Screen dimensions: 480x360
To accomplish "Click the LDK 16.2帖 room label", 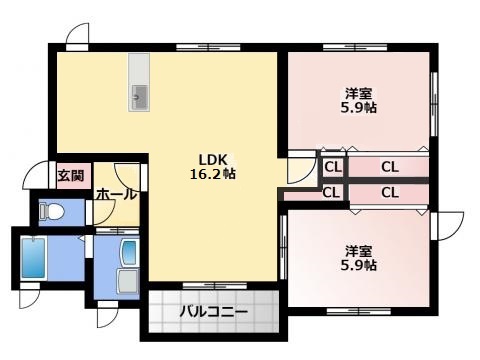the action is coord(213,167).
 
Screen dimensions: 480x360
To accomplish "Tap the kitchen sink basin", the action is coord(139,97).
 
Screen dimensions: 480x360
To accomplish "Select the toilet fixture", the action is coord(51,211).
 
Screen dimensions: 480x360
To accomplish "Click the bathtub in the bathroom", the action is coord(33,258).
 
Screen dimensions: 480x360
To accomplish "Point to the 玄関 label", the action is coord(71,175).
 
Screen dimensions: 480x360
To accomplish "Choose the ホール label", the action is coord(116,194).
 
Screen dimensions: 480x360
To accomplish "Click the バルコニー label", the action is coord(214,312).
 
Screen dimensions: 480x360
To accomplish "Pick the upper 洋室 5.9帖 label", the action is coord(359,100).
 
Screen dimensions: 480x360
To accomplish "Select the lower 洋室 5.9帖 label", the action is coord(359,258).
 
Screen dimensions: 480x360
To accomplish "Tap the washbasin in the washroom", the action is coord(130,252).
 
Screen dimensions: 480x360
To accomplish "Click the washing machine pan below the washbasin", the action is coord(128,281).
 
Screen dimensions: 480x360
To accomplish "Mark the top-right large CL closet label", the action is coord(390,167).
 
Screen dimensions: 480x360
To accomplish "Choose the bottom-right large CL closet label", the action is coord(390,192).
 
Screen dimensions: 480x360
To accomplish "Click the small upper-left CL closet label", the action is coord(333,167).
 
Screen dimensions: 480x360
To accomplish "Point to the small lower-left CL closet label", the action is coord(331,192).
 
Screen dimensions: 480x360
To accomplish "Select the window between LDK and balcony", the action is coord(215,286).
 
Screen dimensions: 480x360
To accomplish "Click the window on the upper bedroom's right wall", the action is coord(434,104).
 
